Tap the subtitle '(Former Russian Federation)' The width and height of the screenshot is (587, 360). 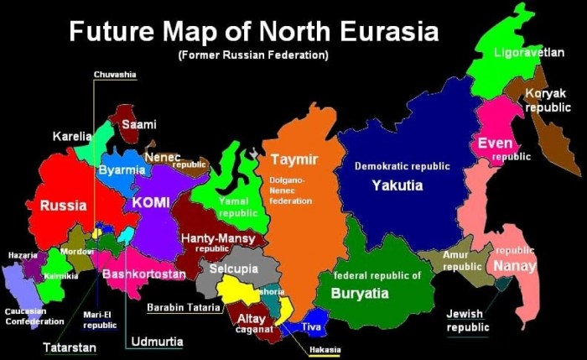click(x=252, y=55)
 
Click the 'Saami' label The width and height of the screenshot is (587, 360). click(x=139, y=124)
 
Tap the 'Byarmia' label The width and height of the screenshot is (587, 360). click(x=122, y=170)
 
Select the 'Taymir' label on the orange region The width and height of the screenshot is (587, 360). click(x=292, y=159)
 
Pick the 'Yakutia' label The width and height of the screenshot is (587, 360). click(x=397, y=185)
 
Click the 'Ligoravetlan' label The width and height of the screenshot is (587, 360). click(x=528, y=52)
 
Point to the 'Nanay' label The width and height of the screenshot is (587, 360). click(x=514, y=266)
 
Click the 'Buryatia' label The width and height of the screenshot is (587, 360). click(x=360, y=294)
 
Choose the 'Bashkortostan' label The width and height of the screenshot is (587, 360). click(x=143, y=274)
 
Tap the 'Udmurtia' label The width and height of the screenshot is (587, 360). click(x=156, y=342)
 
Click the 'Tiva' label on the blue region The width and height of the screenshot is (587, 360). click(x=310, y=327)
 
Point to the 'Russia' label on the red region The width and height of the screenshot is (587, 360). click(x=63, y=205)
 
